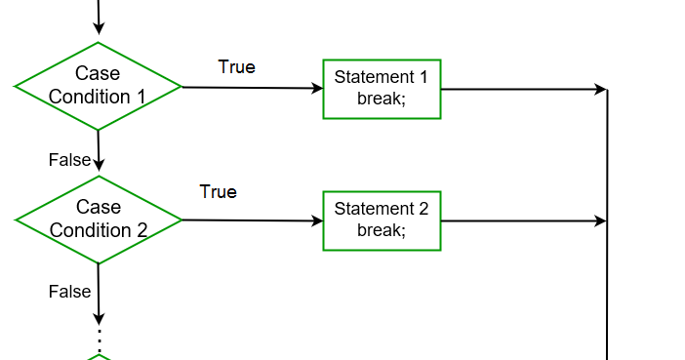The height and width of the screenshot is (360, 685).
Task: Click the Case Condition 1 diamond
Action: pyautogui.click(x=98, y=86)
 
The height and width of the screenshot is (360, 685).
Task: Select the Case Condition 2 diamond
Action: pyautogui.click(x=98, y=220)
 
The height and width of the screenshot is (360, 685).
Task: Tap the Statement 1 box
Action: pyautogui.click(x=382, y=89)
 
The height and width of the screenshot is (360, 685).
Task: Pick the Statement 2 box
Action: pyautogui.click(x=382, y=220)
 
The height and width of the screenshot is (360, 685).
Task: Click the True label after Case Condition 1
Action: pyautogui.click(x=236, y=66)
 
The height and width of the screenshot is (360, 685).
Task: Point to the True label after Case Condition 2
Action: pyautogui.click(x=218, y=191)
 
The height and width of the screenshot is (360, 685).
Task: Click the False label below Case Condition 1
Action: pyautogui.click(x=69, y=159)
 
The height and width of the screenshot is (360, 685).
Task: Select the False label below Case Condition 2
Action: pyautogui.click(x=69, y=291)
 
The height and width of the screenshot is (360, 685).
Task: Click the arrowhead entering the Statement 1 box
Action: pyautogui.click(x=317, y=89)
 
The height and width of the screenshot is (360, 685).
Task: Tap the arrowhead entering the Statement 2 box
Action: pyautogui.click(x=317, y=220)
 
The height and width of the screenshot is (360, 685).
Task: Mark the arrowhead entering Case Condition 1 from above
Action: pyautogui.click(x=99, y=36)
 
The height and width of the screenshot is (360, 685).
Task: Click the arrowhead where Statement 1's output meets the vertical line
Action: pyautogui.click(x=601, y=90)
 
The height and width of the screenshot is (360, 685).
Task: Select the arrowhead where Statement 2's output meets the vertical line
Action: pyautogui.click(x=601, y=221)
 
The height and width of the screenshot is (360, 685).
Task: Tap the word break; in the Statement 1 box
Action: pyautogui.click(x=381, y=99)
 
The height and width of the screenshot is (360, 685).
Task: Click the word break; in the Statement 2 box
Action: pyautogui.click(x=381, y=230)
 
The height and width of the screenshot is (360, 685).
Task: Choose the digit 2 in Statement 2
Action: pyautogui.click(x=423, y=209)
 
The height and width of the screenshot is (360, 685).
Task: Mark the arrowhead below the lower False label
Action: pyautogui.click(x=99, y=318)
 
